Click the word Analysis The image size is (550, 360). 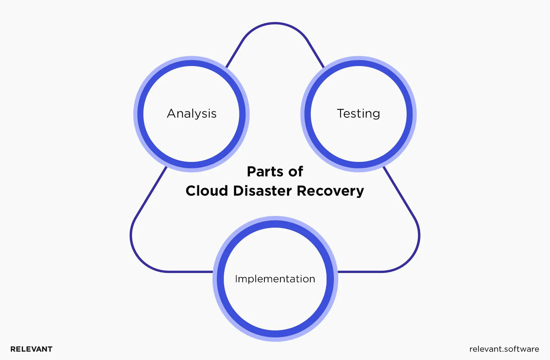pyautogui.click(x=191, y=113)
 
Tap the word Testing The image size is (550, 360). pyautogui.click(x=358, y=113)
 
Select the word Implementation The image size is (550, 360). pyautogui.click(x=275, y=279)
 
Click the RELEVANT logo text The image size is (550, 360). pyautogui.click(x=31, y=349)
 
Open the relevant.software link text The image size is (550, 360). pyautogui.click(x=504, y=349)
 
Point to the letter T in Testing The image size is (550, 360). pyautogui.click(x=341, y=113)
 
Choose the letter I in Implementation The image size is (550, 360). pyautogui.click(x=236, y=279)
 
